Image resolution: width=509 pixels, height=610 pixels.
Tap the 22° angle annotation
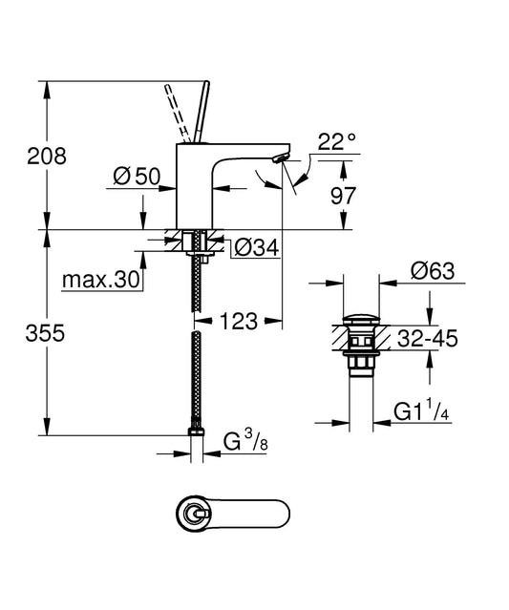point(336,142)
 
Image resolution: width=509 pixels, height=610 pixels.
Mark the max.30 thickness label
point(100,280)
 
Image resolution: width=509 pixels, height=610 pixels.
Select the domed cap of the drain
point(360,318)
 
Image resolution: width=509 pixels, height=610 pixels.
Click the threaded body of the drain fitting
point(360,361)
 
